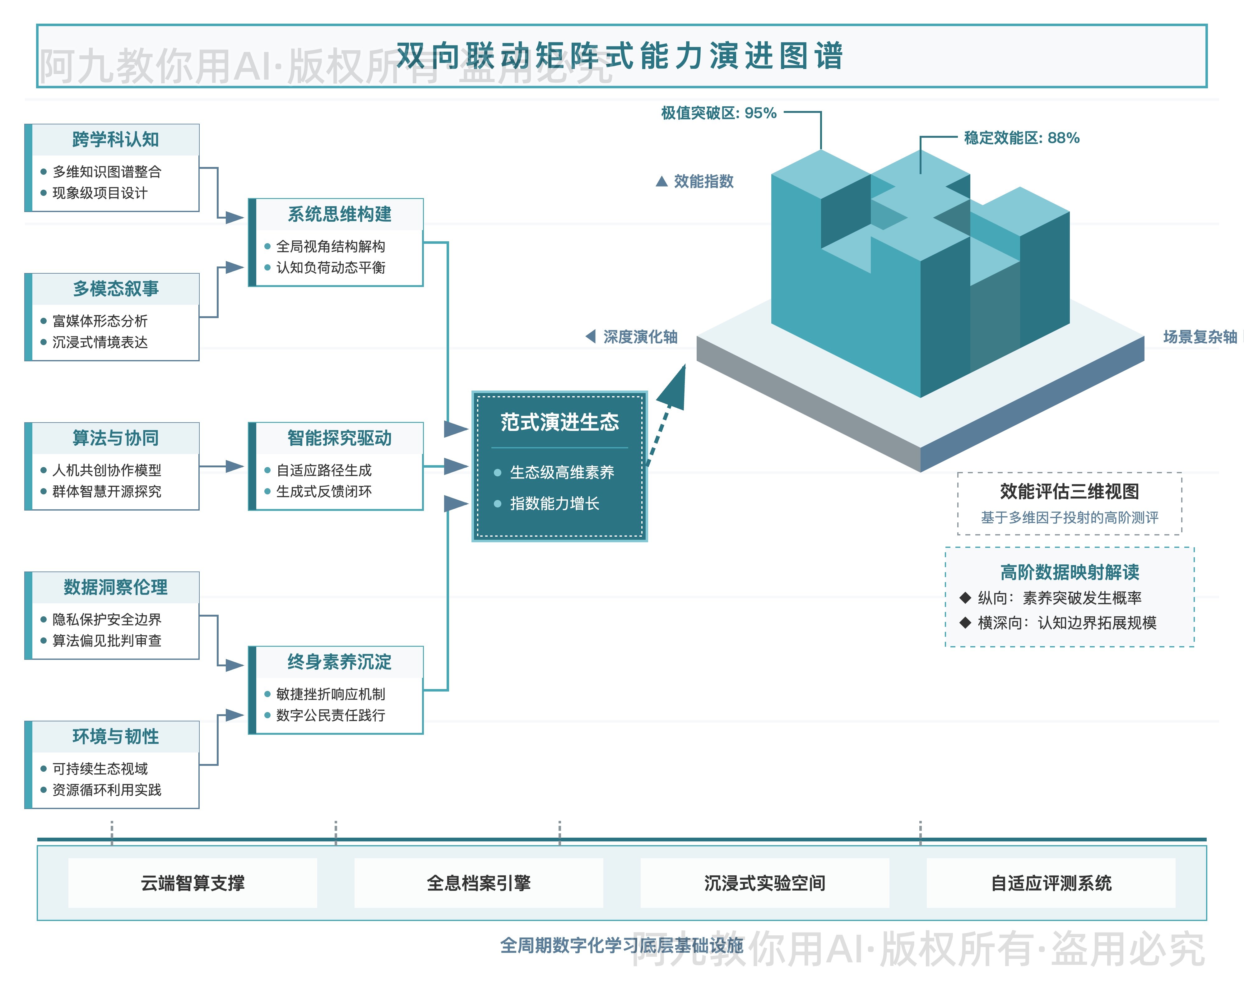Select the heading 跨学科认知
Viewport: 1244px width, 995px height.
(x=115, y=140)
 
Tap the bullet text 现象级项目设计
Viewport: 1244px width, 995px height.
(x=100, y=193)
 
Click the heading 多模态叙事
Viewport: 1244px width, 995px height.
(x=115, y=289)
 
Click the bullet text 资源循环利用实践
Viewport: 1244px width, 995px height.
(x=107, y=790)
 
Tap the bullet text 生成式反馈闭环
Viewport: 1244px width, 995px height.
(x=324, y=492)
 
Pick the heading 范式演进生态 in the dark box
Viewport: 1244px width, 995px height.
(x=559, y=422)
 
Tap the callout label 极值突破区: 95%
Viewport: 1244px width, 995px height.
(x=718, y=113)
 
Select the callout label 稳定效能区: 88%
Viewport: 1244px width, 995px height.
(x=1021, y=138)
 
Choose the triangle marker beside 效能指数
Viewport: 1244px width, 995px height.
(x=662, y=182)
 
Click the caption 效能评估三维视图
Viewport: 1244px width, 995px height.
(x=1069, y=492)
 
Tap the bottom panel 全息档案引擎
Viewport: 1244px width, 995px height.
(x=478, y=883)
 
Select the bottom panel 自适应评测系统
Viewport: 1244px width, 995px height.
(x=1051, y=883)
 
